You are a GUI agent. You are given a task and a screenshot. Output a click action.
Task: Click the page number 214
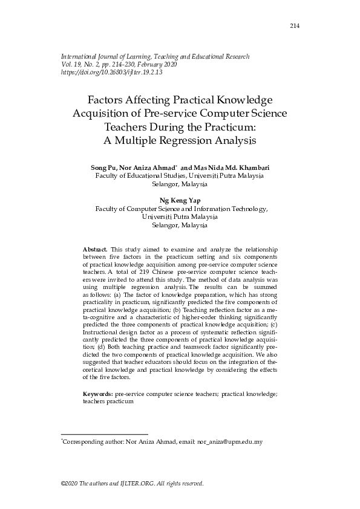click(x=295, y=25)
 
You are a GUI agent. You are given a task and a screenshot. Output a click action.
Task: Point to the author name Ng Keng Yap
click(x=180, y=199)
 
